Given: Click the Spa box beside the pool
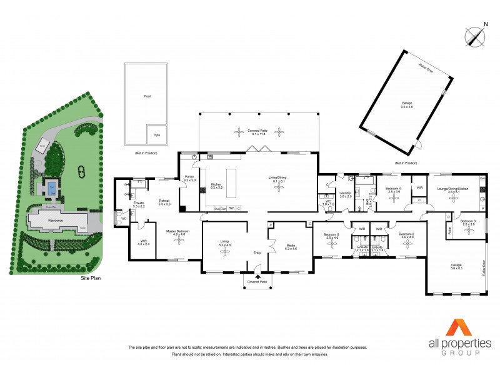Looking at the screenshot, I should click(156, 135).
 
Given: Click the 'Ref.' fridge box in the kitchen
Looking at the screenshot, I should click(231, 208).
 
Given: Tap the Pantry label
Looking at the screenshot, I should click(189, 179).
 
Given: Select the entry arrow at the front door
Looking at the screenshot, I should click(257, 270).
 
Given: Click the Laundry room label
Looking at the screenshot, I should click(345, 194).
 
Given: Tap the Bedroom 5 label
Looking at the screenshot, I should click(331, 236).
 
